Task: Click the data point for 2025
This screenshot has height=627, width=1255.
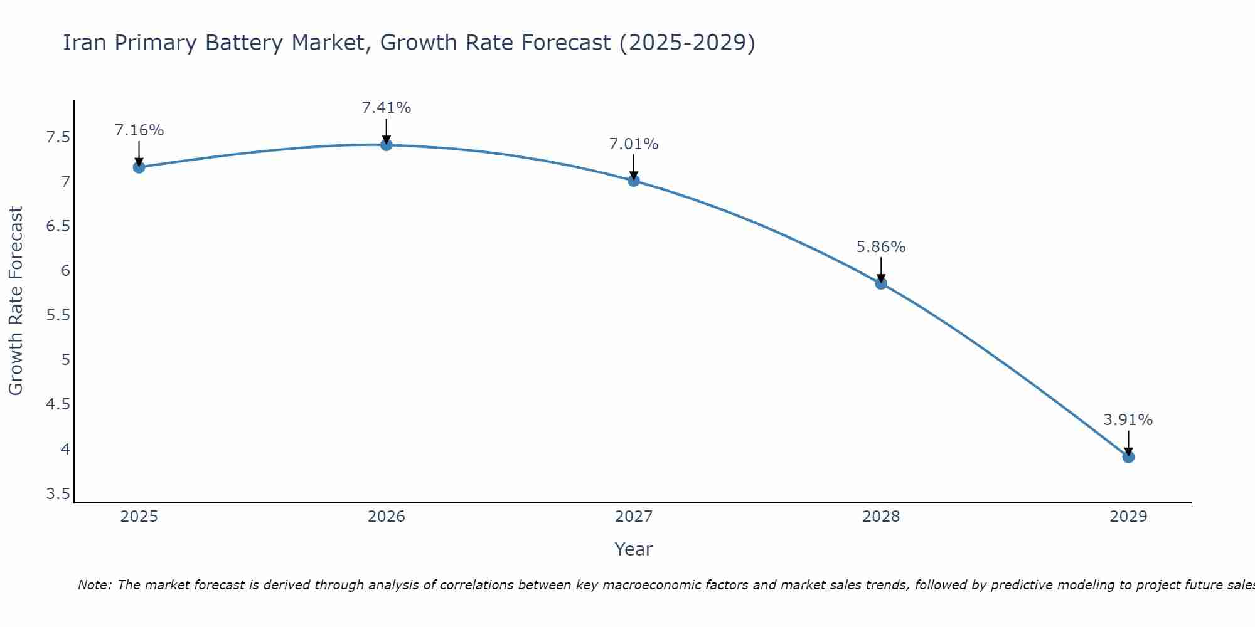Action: (139, 167)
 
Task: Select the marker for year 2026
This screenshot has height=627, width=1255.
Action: (387, 145)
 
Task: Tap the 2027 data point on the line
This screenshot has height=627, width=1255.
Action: (634, 181)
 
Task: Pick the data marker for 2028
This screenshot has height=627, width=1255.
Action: (881, 283)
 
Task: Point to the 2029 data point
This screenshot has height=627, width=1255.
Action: (1128, 457)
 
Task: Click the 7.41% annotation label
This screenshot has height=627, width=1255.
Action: (387, 108)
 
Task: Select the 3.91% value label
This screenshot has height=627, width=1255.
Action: (1128, 420)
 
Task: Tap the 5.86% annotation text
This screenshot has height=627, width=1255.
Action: (881, 247)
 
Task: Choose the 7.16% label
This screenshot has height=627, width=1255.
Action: (139, 130)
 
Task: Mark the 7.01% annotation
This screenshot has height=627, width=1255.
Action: (634, 144)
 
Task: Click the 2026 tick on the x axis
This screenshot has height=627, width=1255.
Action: (387, 517)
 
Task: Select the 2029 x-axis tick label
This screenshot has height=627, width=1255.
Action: (1128, 517)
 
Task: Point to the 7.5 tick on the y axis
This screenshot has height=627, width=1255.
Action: (58, 137)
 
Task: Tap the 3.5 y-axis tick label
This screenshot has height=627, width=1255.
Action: (58, 494)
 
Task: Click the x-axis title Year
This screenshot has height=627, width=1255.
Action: (634, 549)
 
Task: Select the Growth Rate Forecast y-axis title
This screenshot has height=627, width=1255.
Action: (16, 301)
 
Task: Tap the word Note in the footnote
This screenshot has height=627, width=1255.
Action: (94, 585)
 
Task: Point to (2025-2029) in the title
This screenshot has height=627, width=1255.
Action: (687, 43)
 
